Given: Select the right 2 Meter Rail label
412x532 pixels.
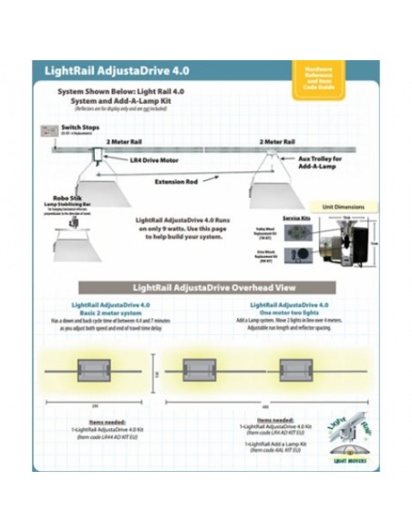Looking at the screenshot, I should (276, 142).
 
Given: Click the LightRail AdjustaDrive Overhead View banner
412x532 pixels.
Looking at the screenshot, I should (204, 287).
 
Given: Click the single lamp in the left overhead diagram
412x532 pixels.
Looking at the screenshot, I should (96, 370).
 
